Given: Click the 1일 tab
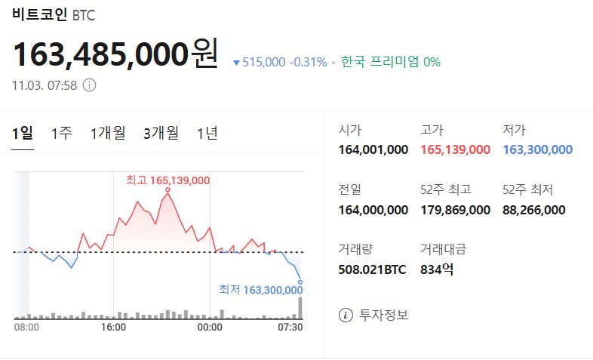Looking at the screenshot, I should pyautogui.click(x=23, y=134).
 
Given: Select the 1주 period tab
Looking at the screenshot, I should pyautogui.click(x=62, y=134).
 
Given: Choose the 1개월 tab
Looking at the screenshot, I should pyautogui.click(x=108, y=134).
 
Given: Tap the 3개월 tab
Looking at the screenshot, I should pyautogui.click(x=161, y=134).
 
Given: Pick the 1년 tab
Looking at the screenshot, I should pyautogui.click(x=207, y=134).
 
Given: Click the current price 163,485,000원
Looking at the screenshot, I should pyautogui.click(x=115, y=53).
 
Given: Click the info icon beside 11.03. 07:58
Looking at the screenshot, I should pyautogui.click(x=89, y=85).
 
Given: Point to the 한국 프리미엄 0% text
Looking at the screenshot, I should pyautogui.click(x=390, y=62).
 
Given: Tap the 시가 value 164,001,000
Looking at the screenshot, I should pyautogui.click(x=373, y=149).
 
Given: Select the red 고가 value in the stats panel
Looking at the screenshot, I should pyautogui.click(x=455, y=149).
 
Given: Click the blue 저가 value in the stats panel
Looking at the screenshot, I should pyautogui.click(x=537, y=149).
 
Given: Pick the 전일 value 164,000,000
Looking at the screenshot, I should pyautogui.click(x=373, y=210).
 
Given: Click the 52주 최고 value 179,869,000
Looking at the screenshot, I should pyautogui.click(x=455, y=210).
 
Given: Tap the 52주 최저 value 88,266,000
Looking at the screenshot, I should pyautogui.click(x=533, y=210).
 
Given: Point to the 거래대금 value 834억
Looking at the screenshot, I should pyautogui.click(x=437, y=269).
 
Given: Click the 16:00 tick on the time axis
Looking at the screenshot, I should pyautogui.click(x=113, y=327).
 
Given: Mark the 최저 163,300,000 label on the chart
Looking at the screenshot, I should pyautogui.click(x=261, y=290).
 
